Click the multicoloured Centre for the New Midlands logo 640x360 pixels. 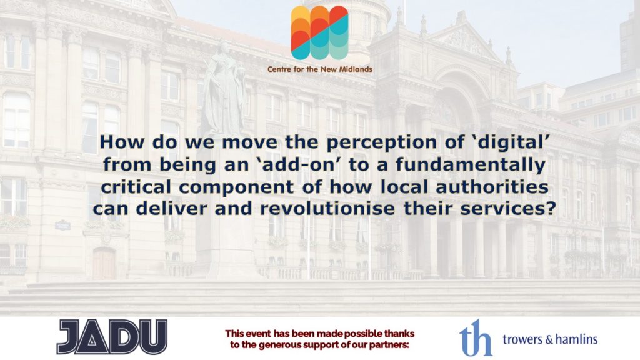pos(319,32)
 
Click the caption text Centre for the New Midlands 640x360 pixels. pos(319,69)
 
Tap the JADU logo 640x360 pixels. pos(112,337)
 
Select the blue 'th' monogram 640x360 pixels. pos(476,337)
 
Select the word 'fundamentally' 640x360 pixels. pos(471,165)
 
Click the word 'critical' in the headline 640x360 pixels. pos(136,187)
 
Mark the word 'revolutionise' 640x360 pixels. pos(327,209)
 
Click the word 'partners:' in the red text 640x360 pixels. pos(389,345)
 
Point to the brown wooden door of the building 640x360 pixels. pos(104,264)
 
